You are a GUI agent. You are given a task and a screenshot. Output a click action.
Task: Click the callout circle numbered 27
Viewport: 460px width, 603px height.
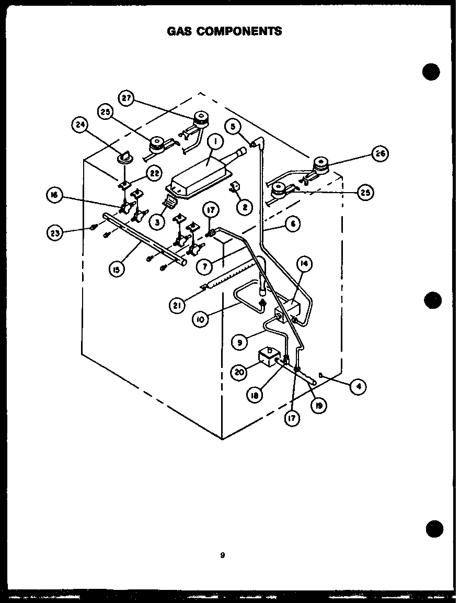click(x=127, y=98)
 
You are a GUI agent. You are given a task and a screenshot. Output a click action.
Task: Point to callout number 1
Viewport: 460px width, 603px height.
click(x=215, y=141)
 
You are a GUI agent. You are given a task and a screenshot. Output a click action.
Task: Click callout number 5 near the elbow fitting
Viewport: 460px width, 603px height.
click(x=233, y=126)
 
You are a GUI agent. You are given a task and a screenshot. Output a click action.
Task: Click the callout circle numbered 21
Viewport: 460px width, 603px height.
click(x=179, y=305)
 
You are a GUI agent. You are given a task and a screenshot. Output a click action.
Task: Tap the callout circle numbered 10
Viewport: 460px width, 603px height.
click(x=200, y=319)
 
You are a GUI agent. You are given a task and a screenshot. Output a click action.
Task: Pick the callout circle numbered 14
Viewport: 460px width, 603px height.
click(x=304, y=264)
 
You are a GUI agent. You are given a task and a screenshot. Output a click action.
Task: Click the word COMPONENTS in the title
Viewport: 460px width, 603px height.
click(x=248, y=31)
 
